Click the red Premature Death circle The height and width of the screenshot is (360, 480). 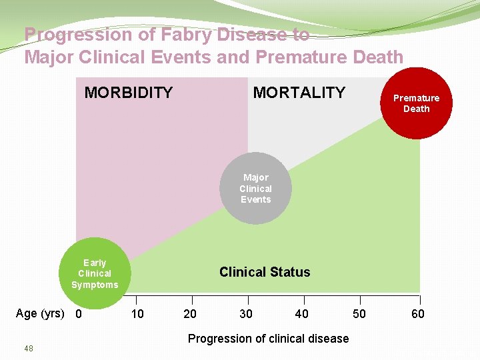pos(416,103)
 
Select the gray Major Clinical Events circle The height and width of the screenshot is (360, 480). pos(256,189)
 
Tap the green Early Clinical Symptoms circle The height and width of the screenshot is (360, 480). pos(95,273)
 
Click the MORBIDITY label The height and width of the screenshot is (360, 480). pos(129,93)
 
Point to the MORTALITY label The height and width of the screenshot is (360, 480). pos(299,93)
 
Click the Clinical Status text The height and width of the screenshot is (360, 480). pos(265,272)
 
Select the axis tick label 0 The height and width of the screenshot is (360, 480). pos(79,314)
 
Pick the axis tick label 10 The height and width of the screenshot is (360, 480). pos(137,314)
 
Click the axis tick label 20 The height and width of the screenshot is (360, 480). pos(190,314)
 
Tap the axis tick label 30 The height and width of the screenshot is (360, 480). pos(246,314)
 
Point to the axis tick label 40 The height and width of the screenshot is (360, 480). pos(302,314)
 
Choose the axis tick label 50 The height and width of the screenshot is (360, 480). pos(359,314)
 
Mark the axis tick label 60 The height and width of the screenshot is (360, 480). pos(417,314)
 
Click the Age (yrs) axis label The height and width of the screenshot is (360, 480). pos(40,313)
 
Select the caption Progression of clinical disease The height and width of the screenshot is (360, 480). pos(268,339)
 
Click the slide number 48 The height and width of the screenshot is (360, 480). pos(29,349)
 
